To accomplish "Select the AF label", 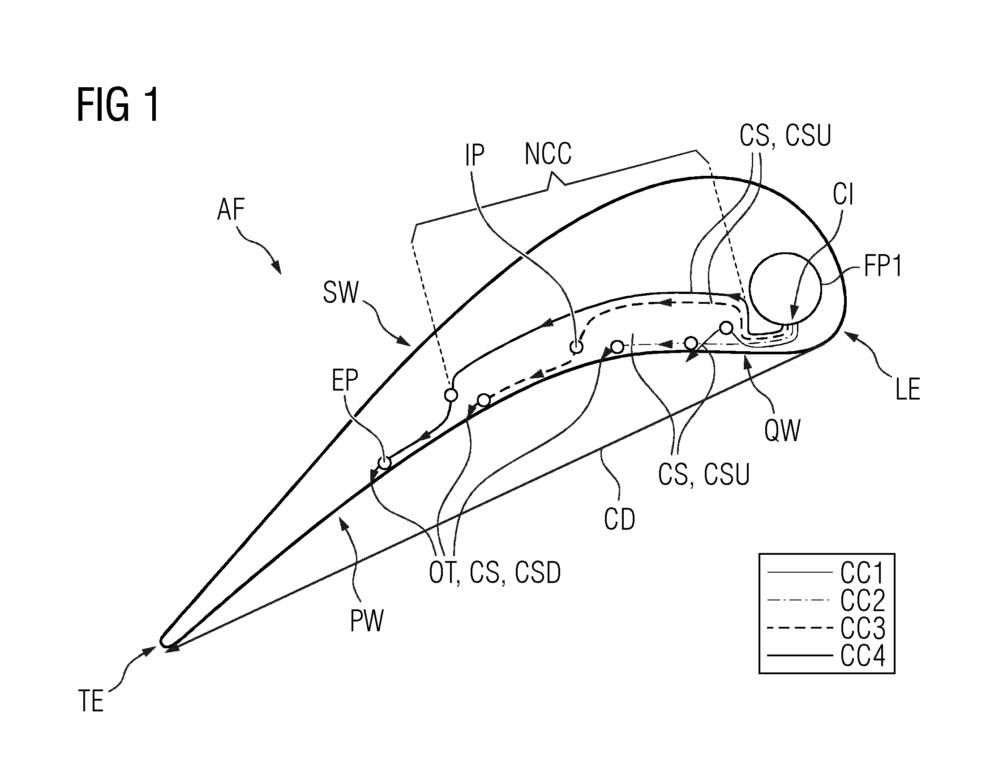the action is pos(231,210).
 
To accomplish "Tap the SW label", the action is pos(341,293).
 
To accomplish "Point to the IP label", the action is pos(475,156).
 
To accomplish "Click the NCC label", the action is pos(548,153).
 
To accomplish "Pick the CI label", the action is pos(843,195).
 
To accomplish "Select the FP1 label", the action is pos(883,267).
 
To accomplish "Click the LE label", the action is pos(908,389).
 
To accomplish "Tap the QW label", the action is pos(782,431).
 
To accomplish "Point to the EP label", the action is pos(345,381).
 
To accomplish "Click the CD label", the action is pos(619,519).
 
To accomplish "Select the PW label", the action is pos(367,621).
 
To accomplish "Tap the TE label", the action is pos(91,702).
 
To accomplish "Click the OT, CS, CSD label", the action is pos(495,573).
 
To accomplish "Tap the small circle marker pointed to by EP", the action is pos(384,463).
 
